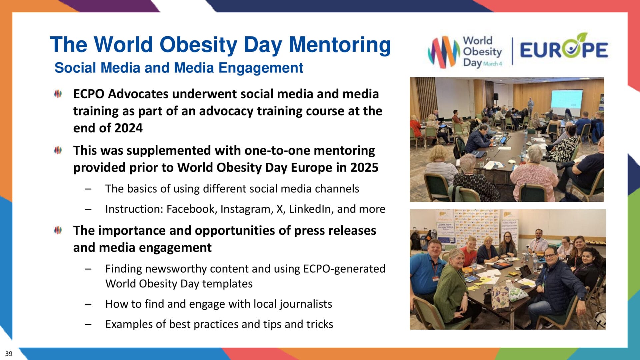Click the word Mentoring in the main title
340,45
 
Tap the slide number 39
9,354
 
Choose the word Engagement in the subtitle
261,68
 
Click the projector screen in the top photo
566,98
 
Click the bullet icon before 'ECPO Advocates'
58,94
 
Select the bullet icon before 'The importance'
58,230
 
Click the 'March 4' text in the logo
493,64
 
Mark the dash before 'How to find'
88,304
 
